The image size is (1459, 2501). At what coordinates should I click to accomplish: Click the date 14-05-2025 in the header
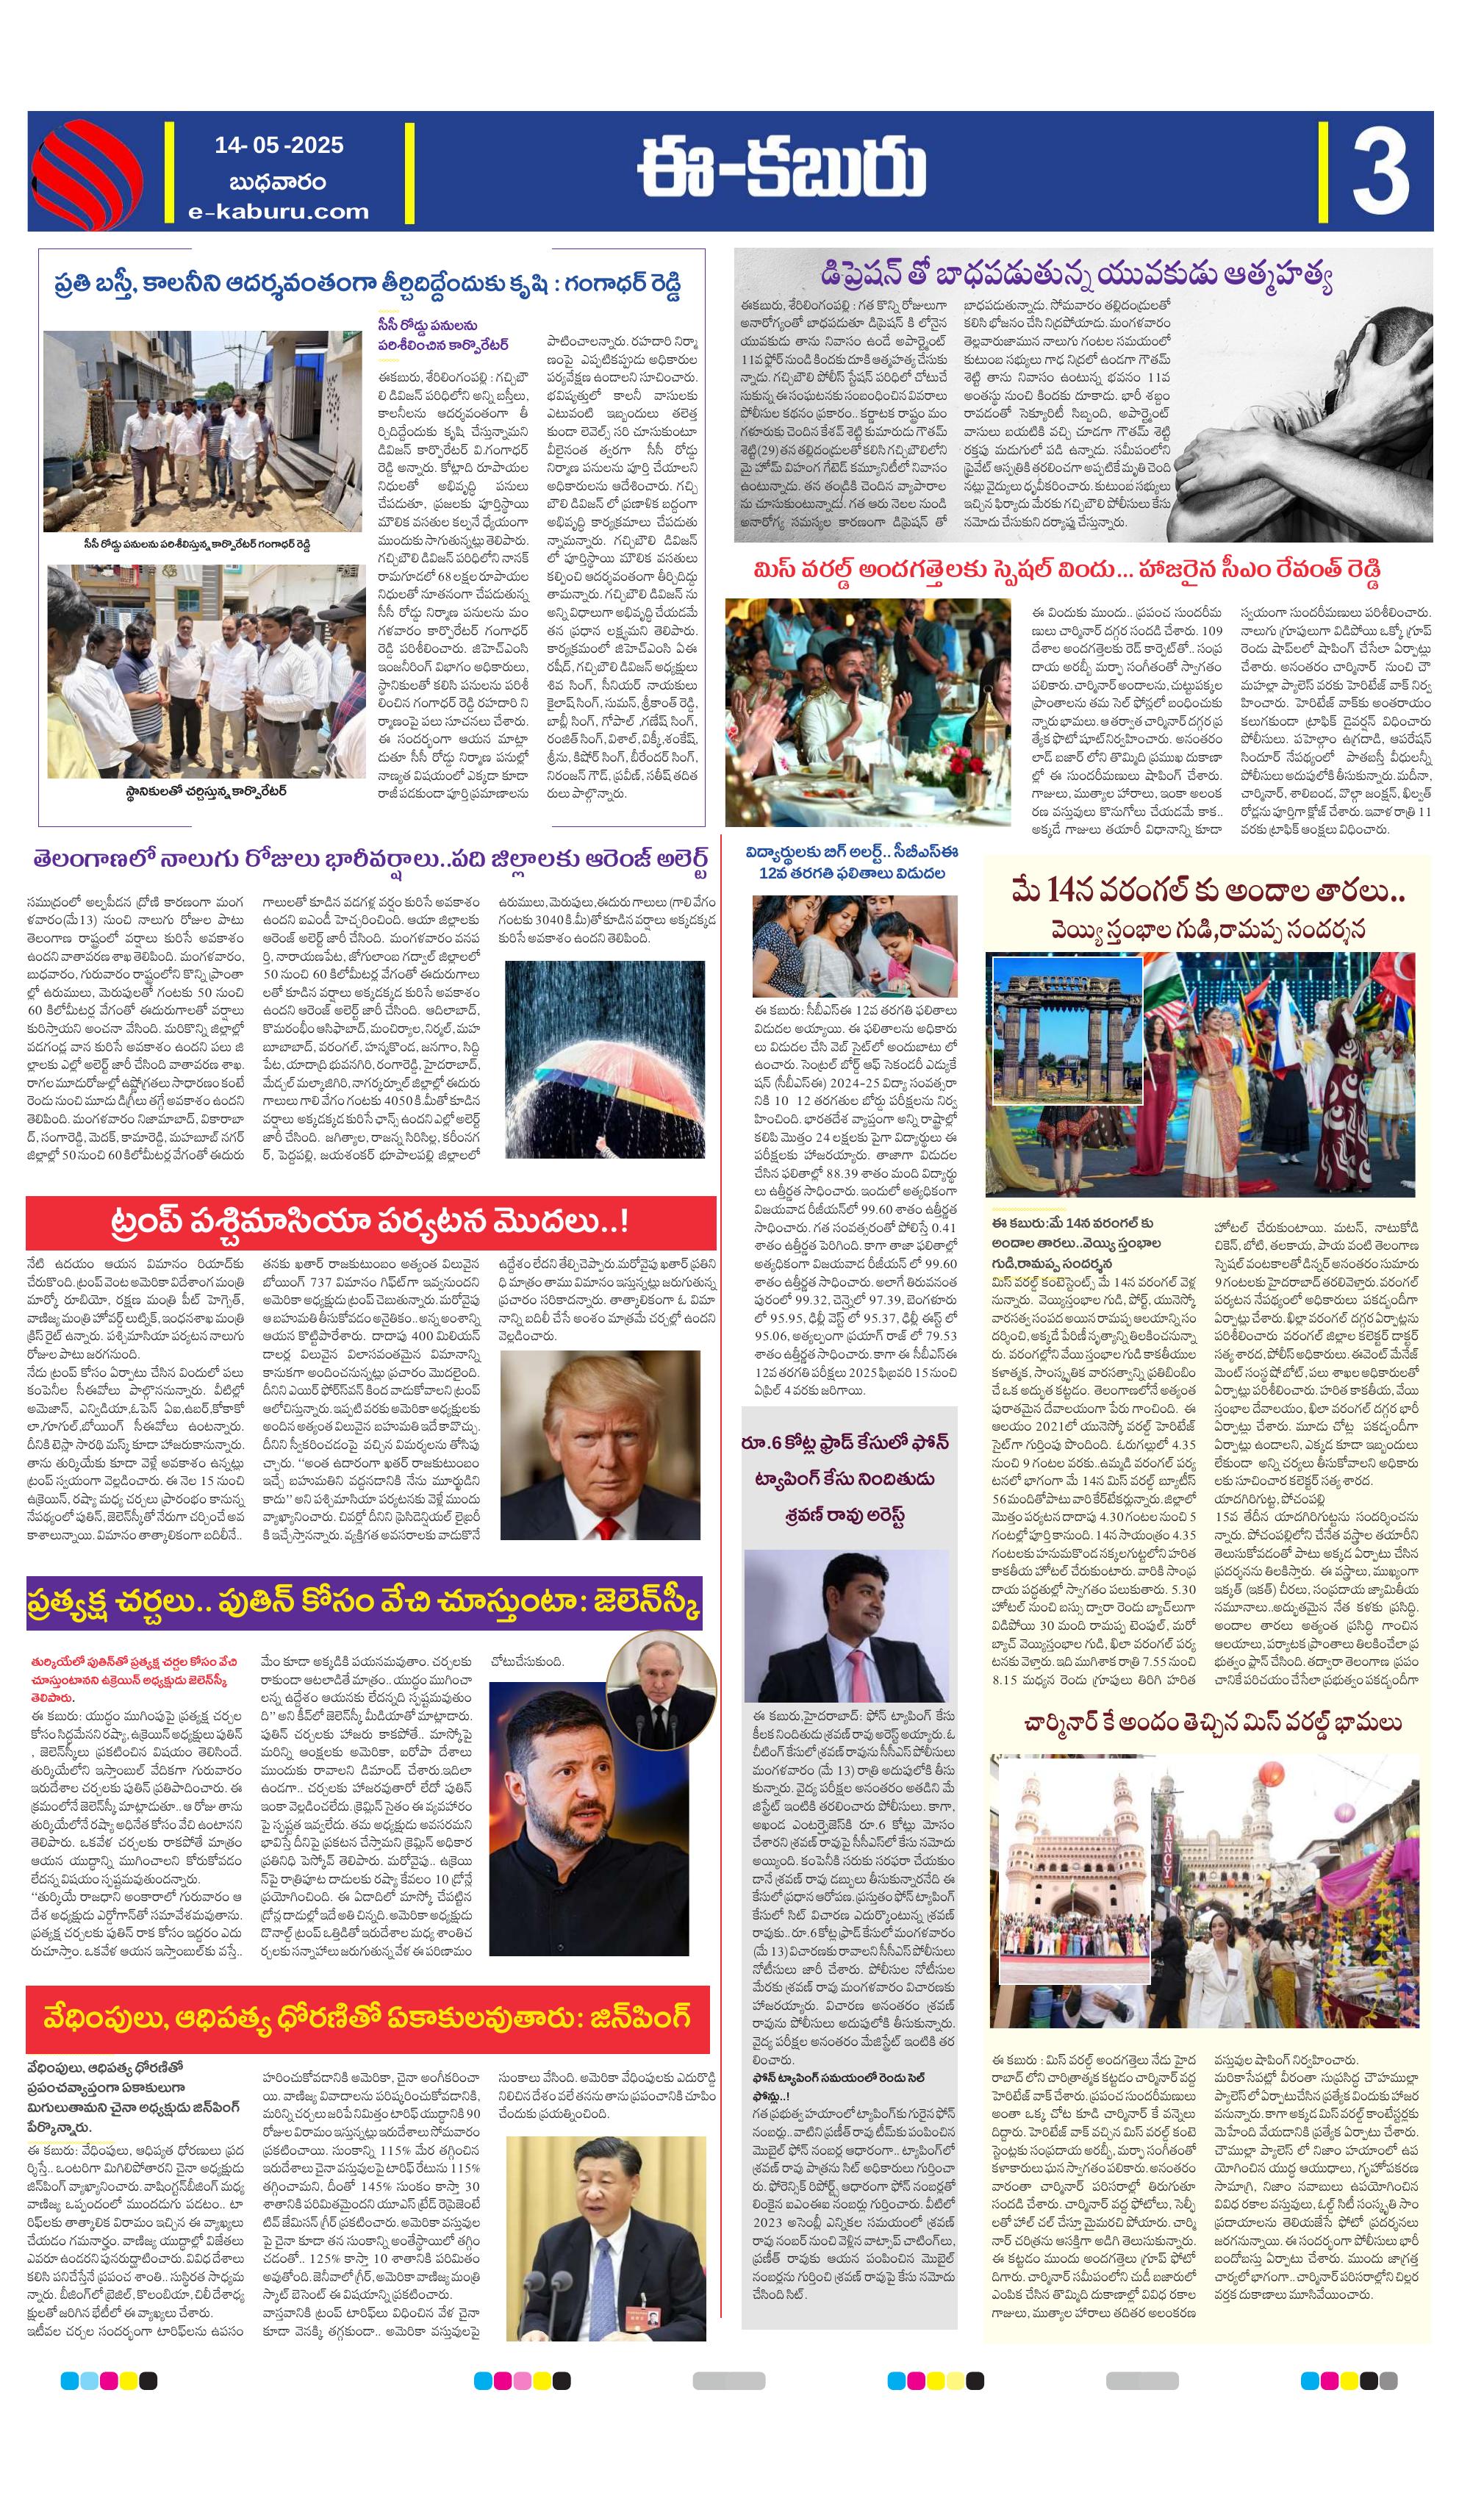[278, 145]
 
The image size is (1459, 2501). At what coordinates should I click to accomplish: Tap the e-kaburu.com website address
[278, 212]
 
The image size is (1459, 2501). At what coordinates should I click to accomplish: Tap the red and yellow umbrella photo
[604, 1058]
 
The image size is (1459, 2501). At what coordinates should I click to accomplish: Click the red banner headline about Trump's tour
[370, 1222]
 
